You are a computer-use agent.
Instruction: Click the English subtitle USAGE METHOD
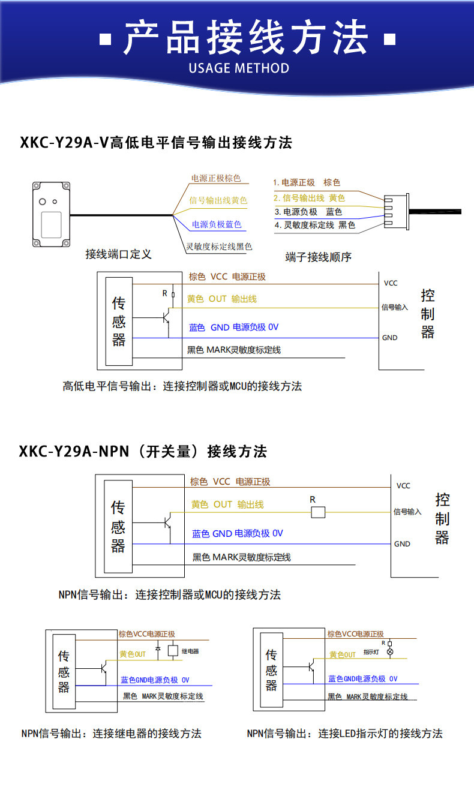(x=239, y=68)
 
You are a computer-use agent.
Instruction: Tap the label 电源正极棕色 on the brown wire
(x=216, y=179)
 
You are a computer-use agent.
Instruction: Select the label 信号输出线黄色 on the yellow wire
(x=218, y=200)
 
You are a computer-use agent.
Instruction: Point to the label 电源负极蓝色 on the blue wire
(x=217, y=224)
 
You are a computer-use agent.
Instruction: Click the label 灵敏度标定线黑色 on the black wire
(x=219, y=247)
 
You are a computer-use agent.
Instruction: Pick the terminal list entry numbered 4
(x=315, y=225)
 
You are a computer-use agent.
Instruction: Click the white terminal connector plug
(x=397, y=212)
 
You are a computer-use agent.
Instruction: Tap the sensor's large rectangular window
(x=52, y=225)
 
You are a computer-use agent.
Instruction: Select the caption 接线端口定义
(x=118, y=254)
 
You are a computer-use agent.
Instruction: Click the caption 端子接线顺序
(x=319, y=257)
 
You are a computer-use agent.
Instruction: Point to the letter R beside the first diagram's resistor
(x=164, y=293)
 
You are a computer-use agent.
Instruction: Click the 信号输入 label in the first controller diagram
(x=395, y=307)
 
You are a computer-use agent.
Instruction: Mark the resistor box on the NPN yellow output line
(x=318, y=512)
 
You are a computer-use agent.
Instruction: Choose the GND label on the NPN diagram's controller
(x=402, y=544)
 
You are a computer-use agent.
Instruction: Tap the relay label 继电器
(x=190, y=651)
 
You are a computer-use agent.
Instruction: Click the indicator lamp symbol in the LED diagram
(x=389, y=652)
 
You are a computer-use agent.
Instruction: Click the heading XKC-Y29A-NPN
(x=74, y=452)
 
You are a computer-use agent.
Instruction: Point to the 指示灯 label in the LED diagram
(x=371, y=652)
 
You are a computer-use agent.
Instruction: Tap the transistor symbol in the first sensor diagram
(x=167, y=317)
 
